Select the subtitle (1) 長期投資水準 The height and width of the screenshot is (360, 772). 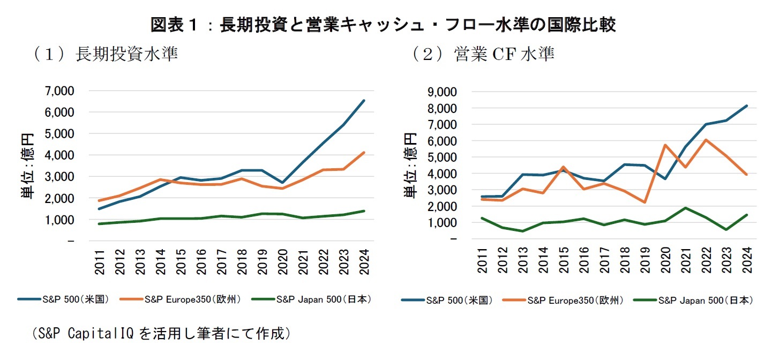(104, 54)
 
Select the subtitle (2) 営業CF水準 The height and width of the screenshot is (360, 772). (482, 54)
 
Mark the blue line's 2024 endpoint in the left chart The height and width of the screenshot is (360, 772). (364, 100)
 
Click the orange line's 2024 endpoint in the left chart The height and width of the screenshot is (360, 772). (364, 153)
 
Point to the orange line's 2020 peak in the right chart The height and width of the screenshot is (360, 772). (665, 145)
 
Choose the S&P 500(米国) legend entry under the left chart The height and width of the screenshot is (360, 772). (64, 299)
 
